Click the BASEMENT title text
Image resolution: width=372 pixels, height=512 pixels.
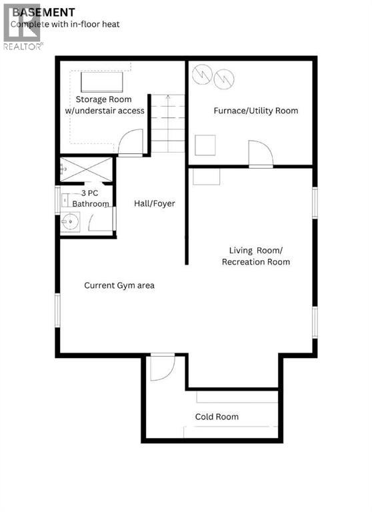[x=43, y=13]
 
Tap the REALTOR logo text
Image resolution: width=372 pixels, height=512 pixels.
[x=23, y=47]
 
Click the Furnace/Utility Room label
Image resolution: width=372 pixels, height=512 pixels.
[x=256, y=111]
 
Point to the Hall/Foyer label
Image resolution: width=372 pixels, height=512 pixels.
[x=155, y=203]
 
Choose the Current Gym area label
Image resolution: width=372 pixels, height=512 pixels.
[x=119, y=285]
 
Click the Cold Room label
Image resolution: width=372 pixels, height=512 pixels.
[x=217, y=417]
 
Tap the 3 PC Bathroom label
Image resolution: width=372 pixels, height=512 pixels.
[x=91, y=199]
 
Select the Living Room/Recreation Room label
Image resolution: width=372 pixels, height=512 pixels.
[x=256, y=256]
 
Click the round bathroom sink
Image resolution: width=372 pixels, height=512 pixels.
[x=70, y=222]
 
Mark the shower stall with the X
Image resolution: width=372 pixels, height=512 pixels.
[x=86, y=169]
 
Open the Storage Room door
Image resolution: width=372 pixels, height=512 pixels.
[x=131, y=143]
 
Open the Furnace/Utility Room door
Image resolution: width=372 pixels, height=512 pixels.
[x=261, y=153]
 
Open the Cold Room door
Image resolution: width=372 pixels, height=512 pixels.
[x=162, y=367]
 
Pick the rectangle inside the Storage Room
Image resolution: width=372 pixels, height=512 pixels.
[x=102, y=82]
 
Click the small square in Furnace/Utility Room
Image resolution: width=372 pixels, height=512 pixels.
[x=205, y=145]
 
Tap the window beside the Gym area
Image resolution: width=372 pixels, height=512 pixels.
[x=57, y=310]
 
